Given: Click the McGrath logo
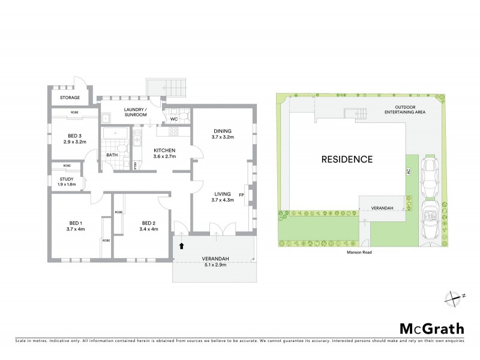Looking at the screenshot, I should click(x=431, y=328).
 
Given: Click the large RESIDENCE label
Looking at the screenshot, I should click(x=347, y=160).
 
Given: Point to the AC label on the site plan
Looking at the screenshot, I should click(x=408, y=171).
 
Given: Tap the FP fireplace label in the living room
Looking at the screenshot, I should click(x=241, y=194).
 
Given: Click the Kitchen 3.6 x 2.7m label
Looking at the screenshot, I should click(x=164, y=153).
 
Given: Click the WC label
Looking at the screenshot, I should click(x=173, y=119).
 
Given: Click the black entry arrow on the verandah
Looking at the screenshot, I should click(x=182, y=245).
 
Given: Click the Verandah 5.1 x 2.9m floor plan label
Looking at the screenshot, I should click(x=214, y=262).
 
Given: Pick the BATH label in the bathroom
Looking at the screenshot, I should click(x=112, y=155).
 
